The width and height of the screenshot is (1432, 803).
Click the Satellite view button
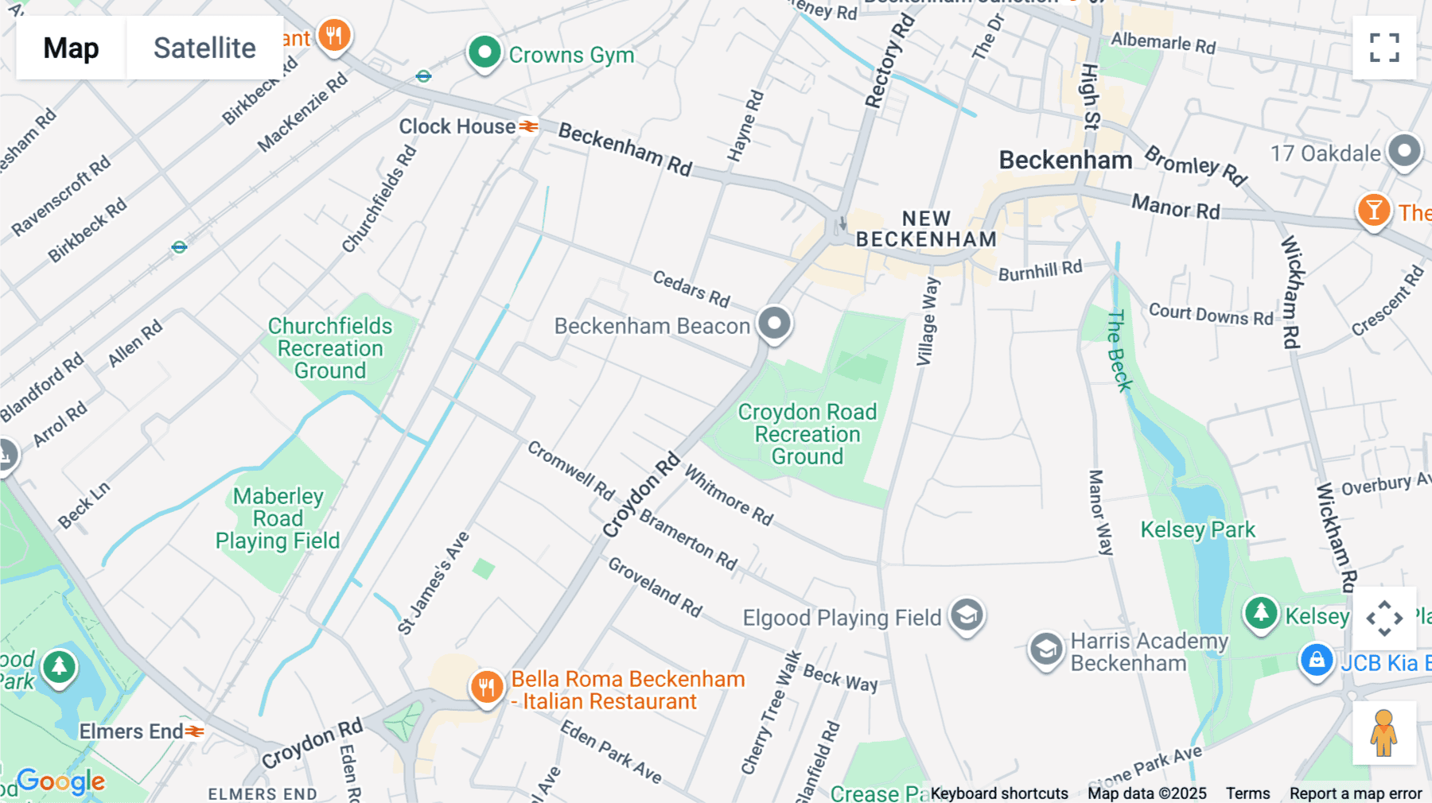click(x=204, y=48)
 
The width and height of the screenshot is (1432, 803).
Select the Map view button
click(x=71, y=48)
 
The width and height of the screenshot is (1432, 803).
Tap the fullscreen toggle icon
click(x=1384, y=48)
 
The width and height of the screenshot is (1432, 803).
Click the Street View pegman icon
click(x=1383, y=732)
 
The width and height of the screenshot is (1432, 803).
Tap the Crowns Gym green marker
click(x=484, y=53)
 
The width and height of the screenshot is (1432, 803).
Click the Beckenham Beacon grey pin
click(x=774, y=323)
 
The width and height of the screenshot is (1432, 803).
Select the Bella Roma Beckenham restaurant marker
click(x=487, y=686)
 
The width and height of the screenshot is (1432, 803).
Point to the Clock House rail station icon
click(x=529, y=126)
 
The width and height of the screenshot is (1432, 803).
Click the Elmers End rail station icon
click(x=195, y=731)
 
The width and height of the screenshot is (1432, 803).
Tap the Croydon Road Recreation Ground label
click(x=807, y=434)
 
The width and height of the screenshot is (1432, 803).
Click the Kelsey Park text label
click(x=1197, y=530)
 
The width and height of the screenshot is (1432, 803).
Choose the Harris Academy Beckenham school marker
click(x=1045, y=650)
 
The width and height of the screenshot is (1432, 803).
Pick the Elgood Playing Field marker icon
click(x=967, y=615)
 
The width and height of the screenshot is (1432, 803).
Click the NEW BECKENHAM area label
click(x=926, y=229)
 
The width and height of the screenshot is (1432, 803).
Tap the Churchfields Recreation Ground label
click(x=330, y=348)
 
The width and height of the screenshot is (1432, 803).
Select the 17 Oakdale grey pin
click(x=1404, y=150)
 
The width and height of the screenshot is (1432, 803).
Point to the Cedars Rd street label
click(x=691, y=288)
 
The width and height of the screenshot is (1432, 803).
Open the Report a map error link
click(x=1356, y=793)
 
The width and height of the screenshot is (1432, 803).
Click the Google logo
click(x=61, y=782)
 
